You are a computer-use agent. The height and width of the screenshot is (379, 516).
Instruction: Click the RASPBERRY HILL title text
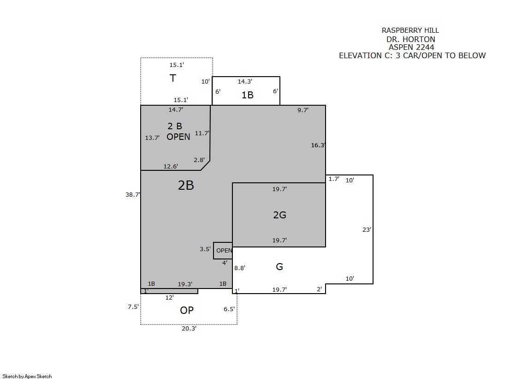[410, 30]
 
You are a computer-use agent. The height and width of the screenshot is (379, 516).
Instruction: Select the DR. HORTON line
[411, 39]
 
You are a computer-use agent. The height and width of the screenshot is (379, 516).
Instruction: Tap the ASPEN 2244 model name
[411, 47]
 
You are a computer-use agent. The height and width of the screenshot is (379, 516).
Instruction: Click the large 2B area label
[186, 185]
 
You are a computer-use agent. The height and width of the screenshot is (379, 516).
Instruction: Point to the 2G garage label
[280, 215]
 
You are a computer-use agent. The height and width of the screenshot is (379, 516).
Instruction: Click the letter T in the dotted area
[173, 78]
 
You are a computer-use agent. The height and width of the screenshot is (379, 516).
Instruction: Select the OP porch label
[187, 310]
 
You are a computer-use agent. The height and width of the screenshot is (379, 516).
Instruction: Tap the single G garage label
[279, 266]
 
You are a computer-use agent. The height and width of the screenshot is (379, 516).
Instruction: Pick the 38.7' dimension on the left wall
[133, 194]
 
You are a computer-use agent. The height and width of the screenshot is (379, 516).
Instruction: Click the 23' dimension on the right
[367, 229]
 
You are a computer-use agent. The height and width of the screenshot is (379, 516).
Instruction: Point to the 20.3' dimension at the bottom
[189, 328]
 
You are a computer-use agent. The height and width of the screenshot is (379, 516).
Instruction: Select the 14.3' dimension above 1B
[245, 81]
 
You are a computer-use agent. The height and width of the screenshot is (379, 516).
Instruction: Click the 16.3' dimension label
[318, 145]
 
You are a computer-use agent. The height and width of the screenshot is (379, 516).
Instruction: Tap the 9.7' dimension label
[303, 110]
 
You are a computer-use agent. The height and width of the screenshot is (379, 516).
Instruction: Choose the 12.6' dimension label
[171, 167]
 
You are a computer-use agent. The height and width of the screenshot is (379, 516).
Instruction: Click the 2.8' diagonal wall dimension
[199, 160]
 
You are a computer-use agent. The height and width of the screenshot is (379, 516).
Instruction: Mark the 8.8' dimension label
[240, 268]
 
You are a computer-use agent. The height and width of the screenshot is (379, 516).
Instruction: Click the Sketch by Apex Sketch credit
[27, 376]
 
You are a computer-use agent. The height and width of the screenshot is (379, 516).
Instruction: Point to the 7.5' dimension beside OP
[133, 307]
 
